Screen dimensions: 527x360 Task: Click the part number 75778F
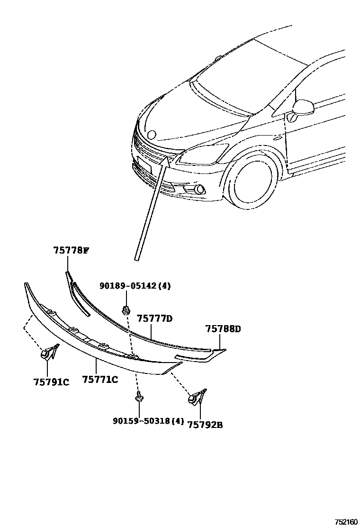pyautogui.click(x=71, y=251)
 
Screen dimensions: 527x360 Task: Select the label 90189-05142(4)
pyautogui.click(x=135, y=286)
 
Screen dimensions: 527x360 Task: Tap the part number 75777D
pyautogui.click(x=154, y=318)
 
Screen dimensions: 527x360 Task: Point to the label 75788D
pyautogui.click(x=223, y=329)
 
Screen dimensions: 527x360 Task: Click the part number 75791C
pyautogui.click(x=51, y=382)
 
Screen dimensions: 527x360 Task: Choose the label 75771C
pyautogui.click(x=100, y=379)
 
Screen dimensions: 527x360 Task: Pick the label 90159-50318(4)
pyautogui.click(x=148, y=421)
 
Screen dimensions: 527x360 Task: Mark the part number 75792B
pyautogui.click(x=205, y=425)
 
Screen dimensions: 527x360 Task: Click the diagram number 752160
pyautogui.click(x=346, y=522)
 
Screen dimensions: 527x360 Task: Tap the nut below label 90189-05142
pyautogui.click(x=126, y=311)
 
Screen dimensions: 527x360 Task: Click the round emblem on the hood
pyautogui.click(x=152, y=135)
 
